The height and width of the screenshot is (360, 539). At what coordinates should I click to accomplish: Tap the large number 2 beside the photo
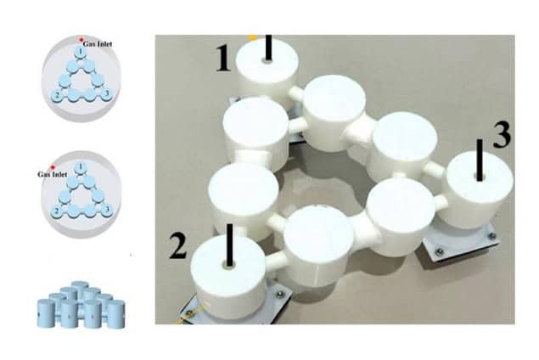click(x=177, y=245)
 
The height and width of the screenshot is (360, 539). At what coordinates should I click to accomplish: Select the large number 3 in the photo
click(x=502, y=136)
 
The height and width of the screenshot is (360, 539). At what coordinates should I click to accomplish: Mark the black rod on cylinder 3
click(x=480, y=160)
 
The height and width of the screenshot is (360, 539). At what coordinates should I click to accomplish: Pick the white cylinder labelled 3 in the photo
click(x=478, y=190)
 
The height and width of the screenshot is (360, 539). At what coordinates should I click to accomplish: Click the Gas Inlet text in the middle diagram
click(x=51, y=174)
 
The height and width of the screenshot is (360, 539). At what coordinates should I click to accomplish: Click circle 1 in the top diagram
click(x=79, y=53)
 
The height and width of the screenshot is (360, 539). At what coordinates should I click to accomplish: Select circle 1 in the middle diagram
click(x=79, y=166)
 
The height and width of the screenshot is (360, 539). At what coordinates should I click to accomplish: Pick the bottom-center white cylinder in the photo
click(x=317, y=243)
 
